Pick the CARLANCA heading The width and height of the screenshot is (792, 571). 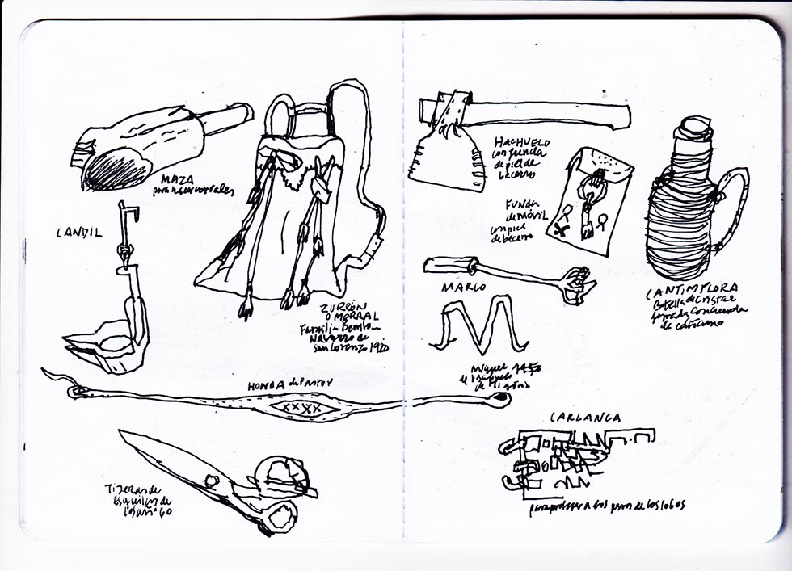585,418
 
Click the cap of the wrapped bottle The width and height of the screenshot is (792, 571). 694,128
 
